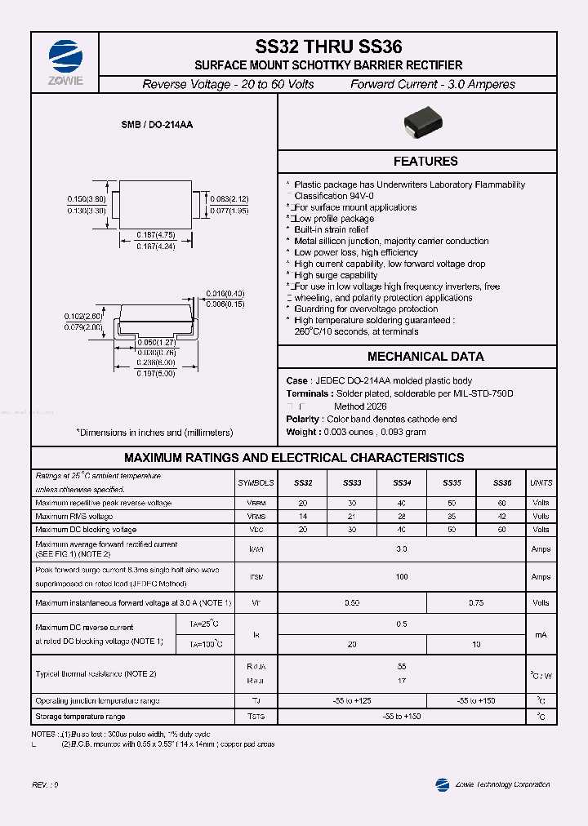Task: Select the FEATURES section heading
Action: coord(425,162)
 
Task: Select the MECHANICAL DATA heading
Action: coord(425,357)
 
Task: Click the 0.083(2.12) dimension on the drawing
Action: coord(228,198)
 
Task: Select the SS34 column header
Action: coord(402,483)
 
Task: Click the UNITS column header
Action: coord(541,483)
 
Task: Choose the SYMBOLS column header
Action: coord(256,483)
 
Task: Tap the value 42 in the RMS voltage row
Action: coord(501,517)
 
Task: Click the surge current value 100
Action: coord(402,576)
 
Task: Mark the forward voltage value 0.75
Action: coord(476,602)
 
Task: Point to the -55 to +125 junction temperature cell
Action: coord(353,701)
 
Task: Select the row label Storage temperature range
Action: coord(80,717)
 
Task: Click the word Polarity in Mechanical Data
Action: coord(303,419)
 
